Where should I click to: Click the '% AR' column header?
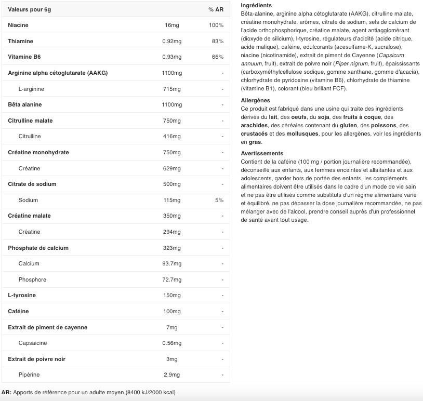tap(216, 9)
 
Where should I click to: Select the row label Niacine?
tap(18, 25)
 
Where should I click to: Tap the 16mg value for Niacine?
tap(171, 25)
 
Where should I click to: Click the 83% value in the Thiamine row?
tap(218, 41)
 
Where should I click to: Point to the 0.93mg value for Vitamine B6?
tap(171, 57)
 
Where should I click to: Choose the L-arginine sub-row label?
tap(31, 89)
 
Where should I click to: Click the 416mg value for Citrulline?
tap(171, 136)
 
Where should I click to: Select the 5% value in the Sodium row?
tap(219, 200)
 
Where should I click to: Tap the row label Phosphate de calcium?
tap(38, 248)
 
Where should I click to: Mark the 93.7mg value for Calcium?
tap(171, 263)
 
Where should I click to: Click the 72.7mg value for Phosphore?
tap(171, 279)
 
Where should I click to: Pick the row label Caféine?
tap(18, 311)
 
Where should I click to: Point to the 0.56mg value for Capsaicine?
tap(171, 343)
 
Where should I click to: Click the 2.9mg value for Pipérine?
tap(171, 375)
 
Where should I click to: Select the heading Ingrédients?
tap(256, 5)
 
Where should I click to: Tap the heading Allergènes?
tap(255, 100)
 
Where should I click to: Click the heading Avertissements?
tap(262, 153)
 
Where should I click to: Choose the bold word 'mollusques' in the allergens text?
tap(305, 133)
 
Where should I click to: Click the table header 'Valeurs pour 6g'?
tap(29, 9)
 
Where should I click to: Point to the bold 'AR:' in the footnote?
tap(6, 392)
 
